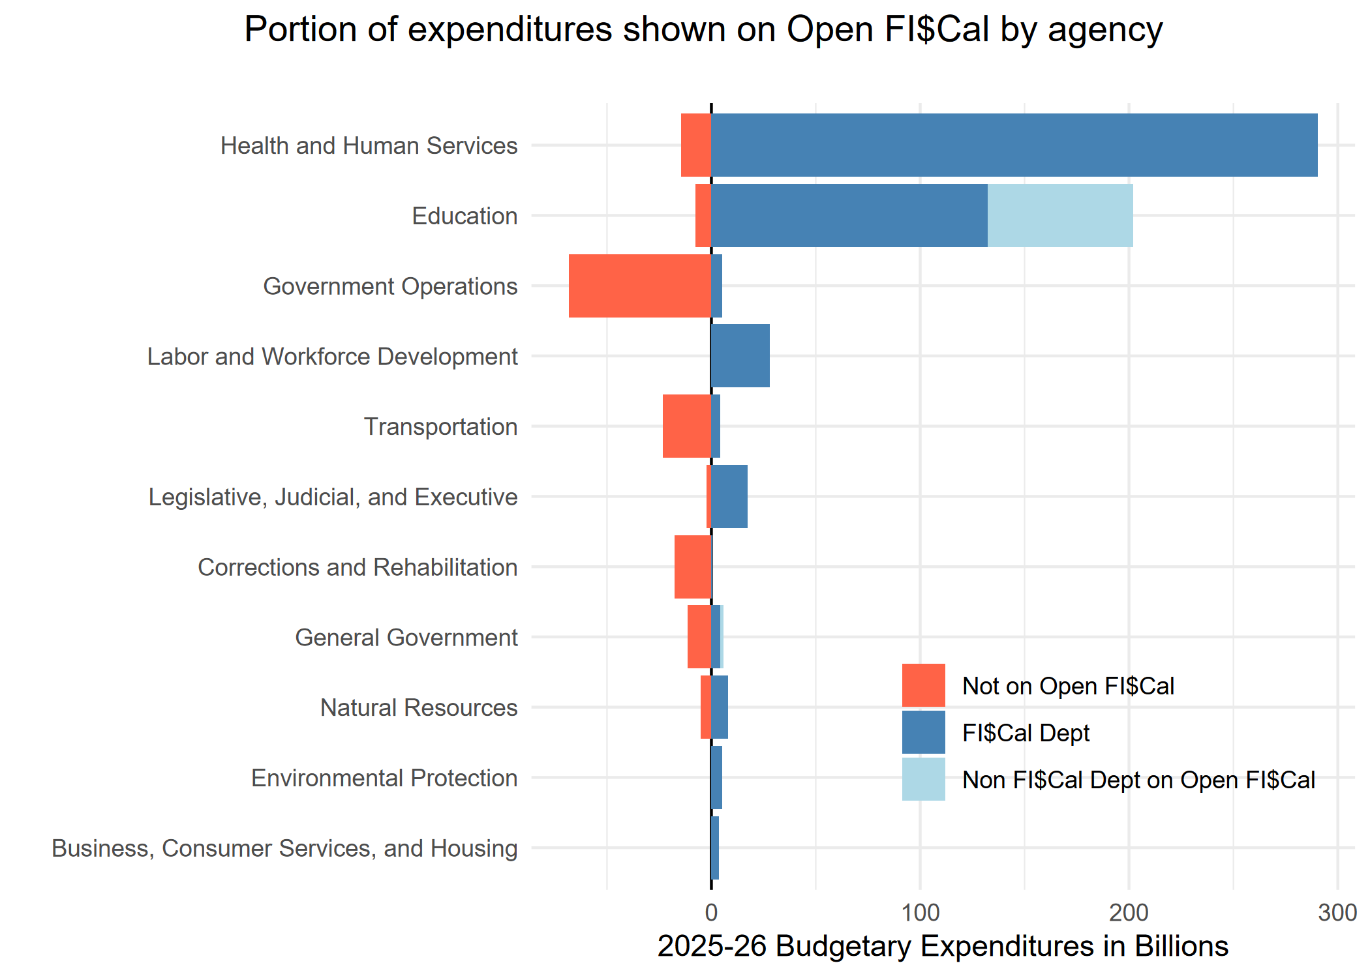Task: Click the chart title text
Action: (x=703, y=30)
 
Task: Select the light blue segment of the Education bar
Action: (x=1059, y=216)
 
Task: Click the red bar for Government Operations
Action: (x=639, y=286)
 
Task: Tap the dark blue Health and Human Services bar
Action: (x=1014, y=145)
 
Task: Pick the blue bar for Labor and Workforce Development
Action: (x=740, y=356)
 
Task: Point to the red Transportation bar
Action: (x=686, y=426)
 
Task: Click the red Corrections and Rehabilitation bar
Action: (x=692, y=567)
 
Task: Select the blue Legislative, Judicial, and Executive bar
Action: (x=729, y=497)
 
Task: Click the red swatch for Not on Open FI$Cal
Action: (x=923, y=685)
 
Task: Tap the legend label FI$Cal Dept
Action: (x=1026, y=733)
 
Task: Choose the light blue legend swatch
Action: (x=923, y=779)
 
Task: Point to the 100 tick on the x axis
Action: (x=920, y=913)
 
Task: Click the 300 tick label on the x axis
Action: (x=1337, y=913)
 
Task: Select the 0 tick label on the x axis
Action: (x=711, y=913)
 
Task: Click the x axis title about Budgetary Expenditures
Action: (x=943, y=947)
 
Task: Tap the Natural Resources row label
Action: (x=419, y=707)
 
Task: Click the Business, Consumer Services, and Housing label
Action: (x=284, y=848)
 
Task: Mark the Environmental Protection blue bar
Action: (x=716, y=778)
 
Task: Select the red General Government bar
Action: (x=699, y=637)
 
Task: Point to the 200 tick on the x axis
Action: (x=1129, y=913)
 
